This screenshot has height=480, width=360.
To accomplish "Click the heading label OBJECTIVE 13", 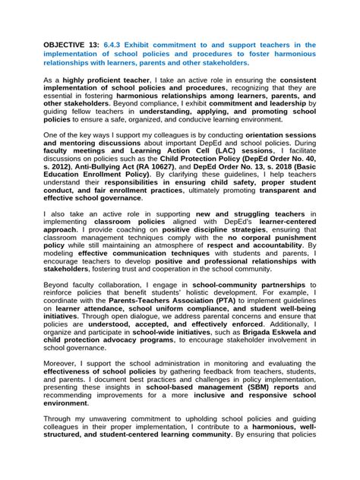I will click(x=69, y=45).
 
